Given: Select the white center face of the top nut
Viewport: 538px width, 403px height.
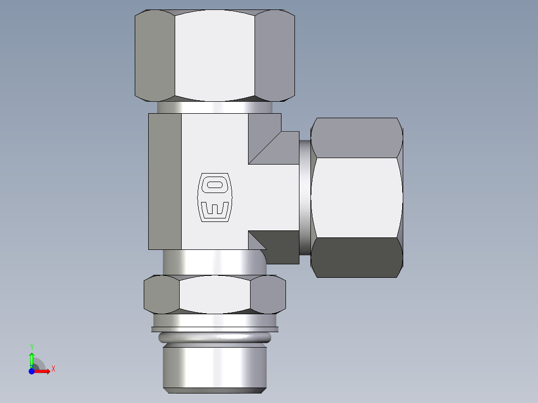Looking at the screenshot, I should click(x=215, y=55).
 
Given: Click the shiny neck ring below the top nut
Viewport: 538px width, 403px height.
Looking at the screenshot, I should click(x=215, y=107).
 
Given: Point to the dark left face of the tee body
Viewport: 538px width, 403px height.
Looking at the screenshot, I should click(x=165, y=182).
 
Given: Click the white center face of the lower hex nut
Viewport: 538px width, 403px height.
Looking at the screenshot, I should click(x=215, y=294).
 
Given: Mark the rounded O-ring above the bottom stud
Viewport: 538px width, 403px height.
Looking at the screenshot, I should click(x=215, y=338).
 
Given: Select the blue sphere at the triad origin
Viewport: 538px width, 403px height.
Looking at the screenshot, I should click(x=31, y=371).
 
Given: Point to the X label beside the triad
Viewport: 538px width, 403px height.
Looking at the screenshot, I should click(x=53, y=369).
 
